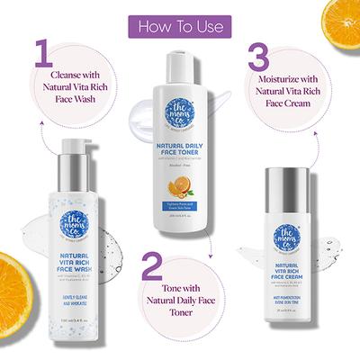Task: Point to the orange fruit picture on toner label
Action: [180, 186]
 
